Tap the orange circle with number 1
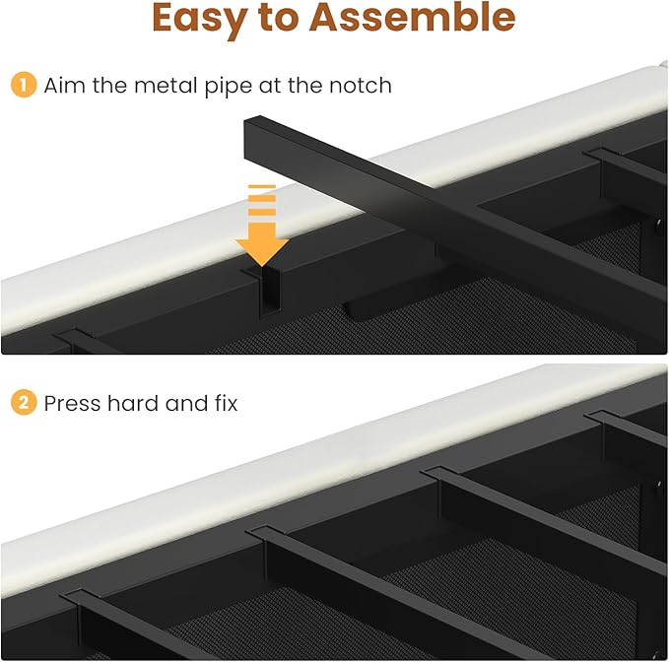tap(23, 86)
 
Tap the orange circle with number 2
tap(23, 403)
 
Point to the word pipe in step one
tap(220, 88)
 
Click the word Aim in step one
tap(64, 86)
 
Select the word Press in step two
tap(72, 403)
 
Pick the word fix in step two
tap(223, 403)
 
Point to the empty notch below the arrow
tap(261, 296)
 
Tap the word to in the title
tap(305, 20)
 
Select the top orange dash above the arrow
tap(261, 187)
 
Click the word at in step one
tap(271, 86)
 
